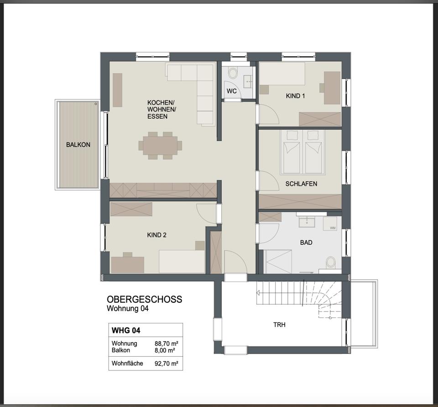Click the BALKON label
pos(78,145)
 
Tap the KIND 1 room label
pos(295,96)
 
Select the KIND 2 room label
pos(156,235)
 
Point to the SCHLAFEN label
pos(301,184)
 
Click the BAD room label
pos(306,243)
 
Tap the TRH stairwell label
pos(279,325)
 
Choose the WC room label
pos(232,91)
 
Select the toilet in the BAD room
pos(331,263)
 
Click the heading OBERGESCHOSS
pos(144,300)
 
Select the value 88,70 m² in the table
pos(166,344)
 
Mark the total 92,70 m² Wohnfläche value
pos(166,364)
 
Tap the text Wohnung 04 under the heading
pos(128,309)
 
